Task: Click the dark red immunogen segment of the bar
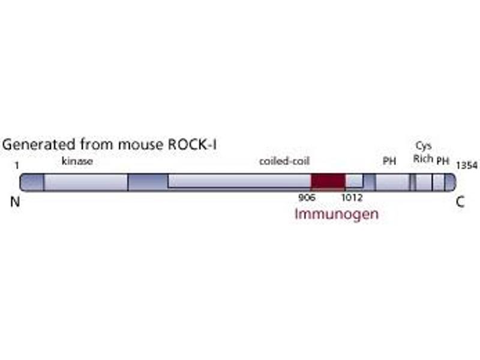click(x=328, y=181)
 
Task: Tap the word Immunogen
click(x=337, y=214)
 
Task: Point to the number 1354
click(x=467, y=164)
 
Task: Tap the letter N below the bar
click(x=16, y=202)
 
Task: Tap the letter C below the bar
click(x=460, y=202)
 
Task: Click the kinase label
click(x=77, y=161)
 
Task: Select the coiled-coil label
click(x=284, y=161)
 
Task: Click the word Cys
click(x=424, y=146)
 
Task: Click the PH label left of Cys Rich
click(x=389, y=161)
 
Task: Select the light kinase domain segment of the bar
click(x=86, y=182)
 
